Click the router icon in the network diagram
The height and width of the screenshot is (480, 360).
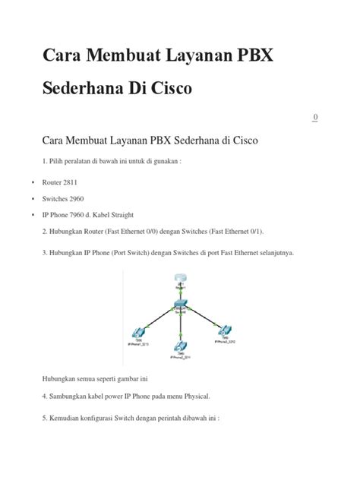pyautogui.click(x=179, y=280)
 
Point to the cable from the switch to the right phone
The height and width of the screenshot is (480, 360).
pyautogui.click(x=203, y=317)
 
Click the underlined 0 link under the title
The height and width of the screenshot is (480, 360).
pyautogui.click(x=315, y=117)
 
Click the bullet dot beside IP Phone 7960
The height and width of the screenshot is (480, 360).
pyautogui.click(x=33, y=215)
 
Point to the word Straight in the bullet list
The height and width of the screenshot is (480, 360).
pyautogui.click(x=140, y=215)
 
